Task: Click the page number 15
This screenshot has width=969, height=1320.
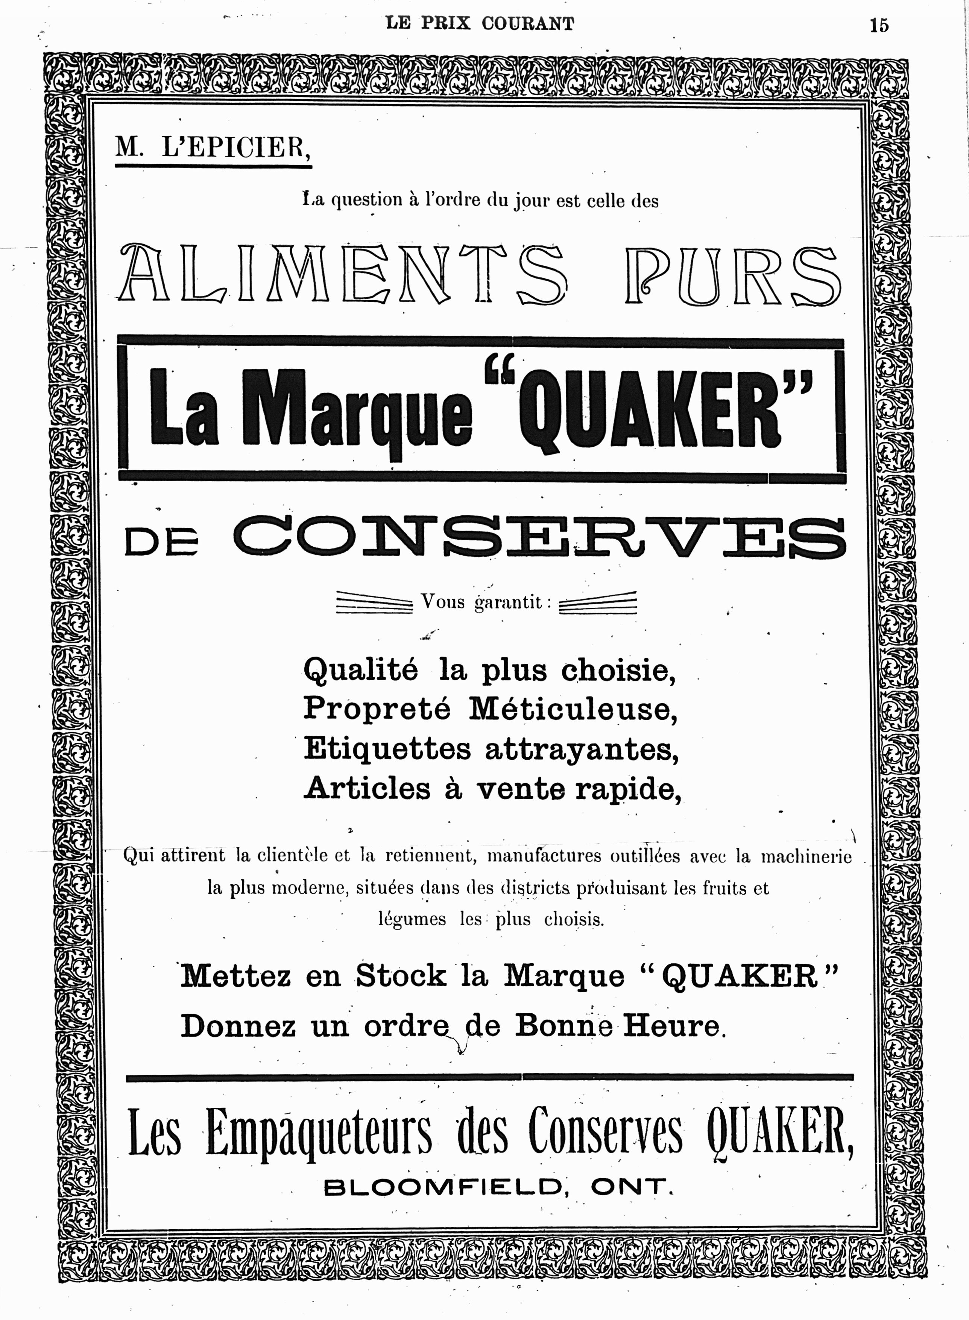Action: [879, 25]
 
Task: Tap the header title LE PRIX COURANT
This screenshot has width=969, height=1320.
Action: [480, 23]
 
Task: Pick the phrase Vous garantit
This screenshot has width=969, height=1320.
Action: [486, 602]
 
